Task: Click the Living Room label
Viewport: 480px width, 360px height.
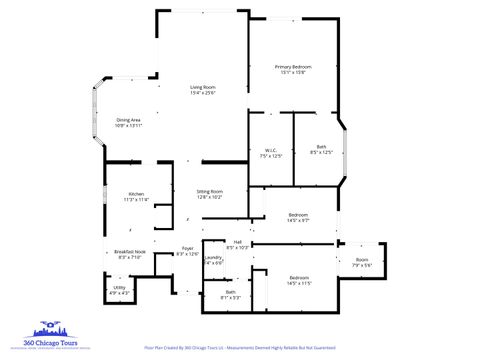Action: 203,87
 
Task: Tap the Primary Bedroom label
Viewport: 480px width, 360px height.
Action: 294,66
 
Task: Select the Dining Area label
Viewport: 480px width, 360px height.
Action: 128,120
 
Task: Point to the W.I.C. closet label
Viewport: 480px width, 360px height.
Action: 270,149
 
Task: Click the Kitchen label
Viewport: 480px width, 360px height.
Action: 136,194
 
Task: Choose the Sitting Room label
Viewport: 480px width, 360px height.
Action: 209,191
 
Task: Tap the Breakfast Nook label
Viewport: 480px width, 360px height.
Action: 130,251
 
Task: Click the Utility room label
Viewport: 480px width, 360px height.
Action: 119,288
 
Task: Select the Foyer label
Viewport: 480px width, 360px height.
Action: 187,249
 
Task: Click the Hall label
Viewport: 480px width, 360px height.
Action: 237,241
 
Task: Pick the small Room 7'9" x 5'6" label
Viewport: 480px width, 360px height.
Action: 362,260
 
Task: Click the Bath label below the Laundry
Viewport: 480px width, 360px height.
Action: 230,292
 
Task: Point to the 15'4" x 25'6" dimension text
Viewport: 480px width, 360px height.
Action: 203,93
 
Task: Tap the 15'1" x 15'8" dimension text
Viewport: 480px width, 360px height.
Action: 294,72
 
